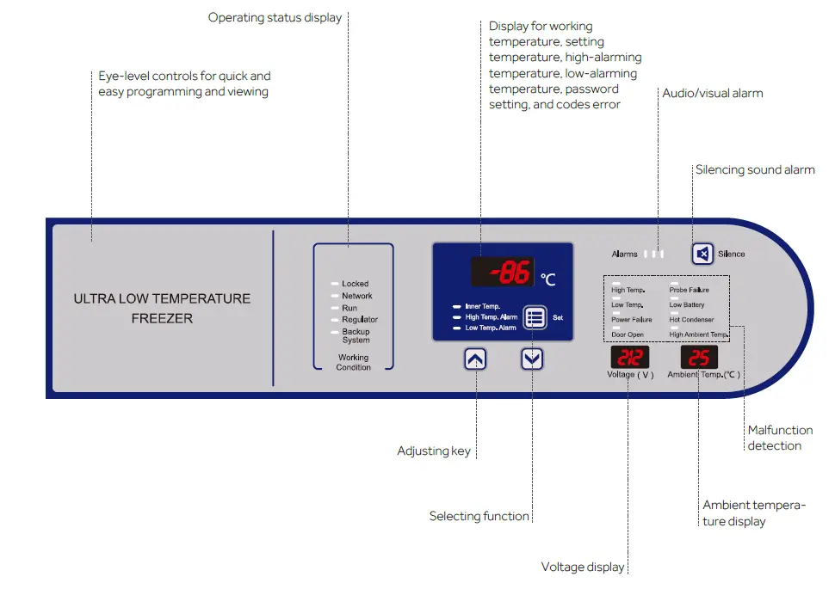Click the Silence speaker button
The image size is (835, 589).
point(703,254)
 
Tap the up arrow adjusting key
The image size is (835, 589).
point(476,359)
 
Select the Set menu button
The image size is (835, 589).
point(535,317)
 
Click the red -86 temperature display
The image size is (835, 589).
point(502,273)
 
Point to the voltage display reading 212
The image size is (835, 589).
point(630,358)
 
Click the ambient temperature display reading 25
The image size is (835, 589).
point(699,358)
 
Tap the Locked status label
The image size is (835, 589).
point(355,284)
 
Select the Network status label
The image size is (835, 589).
point(357,296)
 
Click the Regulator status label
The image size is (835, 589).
point(360,320)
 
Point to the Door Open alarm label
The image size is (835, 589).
point(628,334)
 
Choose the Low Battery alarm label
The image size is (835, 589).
point(687,305)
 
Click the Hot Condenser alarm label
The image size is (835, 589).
point(691,320)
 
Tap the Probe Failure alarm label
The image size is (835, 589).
point(690,291)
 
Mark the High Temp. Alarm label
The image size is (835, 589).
point(491,317)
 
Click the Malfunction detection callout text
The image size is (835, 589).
point(780,438)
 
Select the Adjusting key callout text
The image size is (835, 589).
point(434,451)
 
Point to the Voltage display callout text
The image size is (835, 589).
point(583,567)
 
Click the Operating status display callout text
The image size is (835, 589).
point(275,17)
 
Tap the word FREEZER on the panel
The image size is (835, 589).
point(162,318)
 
